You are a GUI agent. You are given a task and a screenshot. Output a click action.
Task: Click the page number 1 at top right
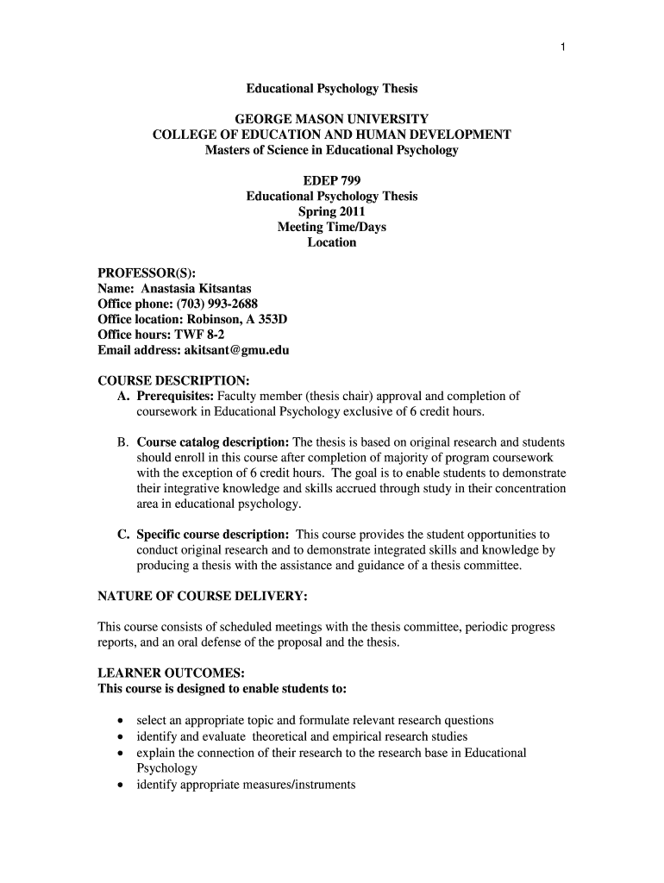coord(562,47)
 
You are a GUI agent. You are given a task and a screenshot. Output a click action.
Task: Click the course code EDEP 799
coord(332,180)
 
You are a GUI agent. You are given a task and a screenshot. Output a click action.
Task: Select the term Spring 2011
coord(332,211)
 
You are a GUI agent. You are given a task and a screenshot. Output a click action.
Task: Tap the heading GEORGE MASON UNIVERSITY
coord(332,119)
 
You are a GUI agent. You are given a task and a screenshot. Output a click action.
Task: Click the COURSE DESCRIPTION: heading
coord(174,380)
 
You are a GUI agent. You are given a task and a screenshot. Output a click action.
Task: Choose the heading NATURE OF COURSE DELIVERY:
coord(203,596)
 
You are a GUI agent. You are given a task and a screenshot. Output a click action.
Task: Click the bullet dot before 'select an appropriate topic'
coord(120,721)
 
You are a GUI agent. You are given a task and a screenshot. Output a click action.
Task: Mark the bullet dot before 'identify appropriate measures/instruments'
coord(120,786)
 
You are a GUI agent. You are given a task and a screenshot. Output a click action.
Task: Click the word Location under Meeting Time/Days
coord(332,242)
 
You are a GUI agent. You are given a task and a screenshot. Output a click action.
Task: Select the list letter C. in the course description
coord(124,535)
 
